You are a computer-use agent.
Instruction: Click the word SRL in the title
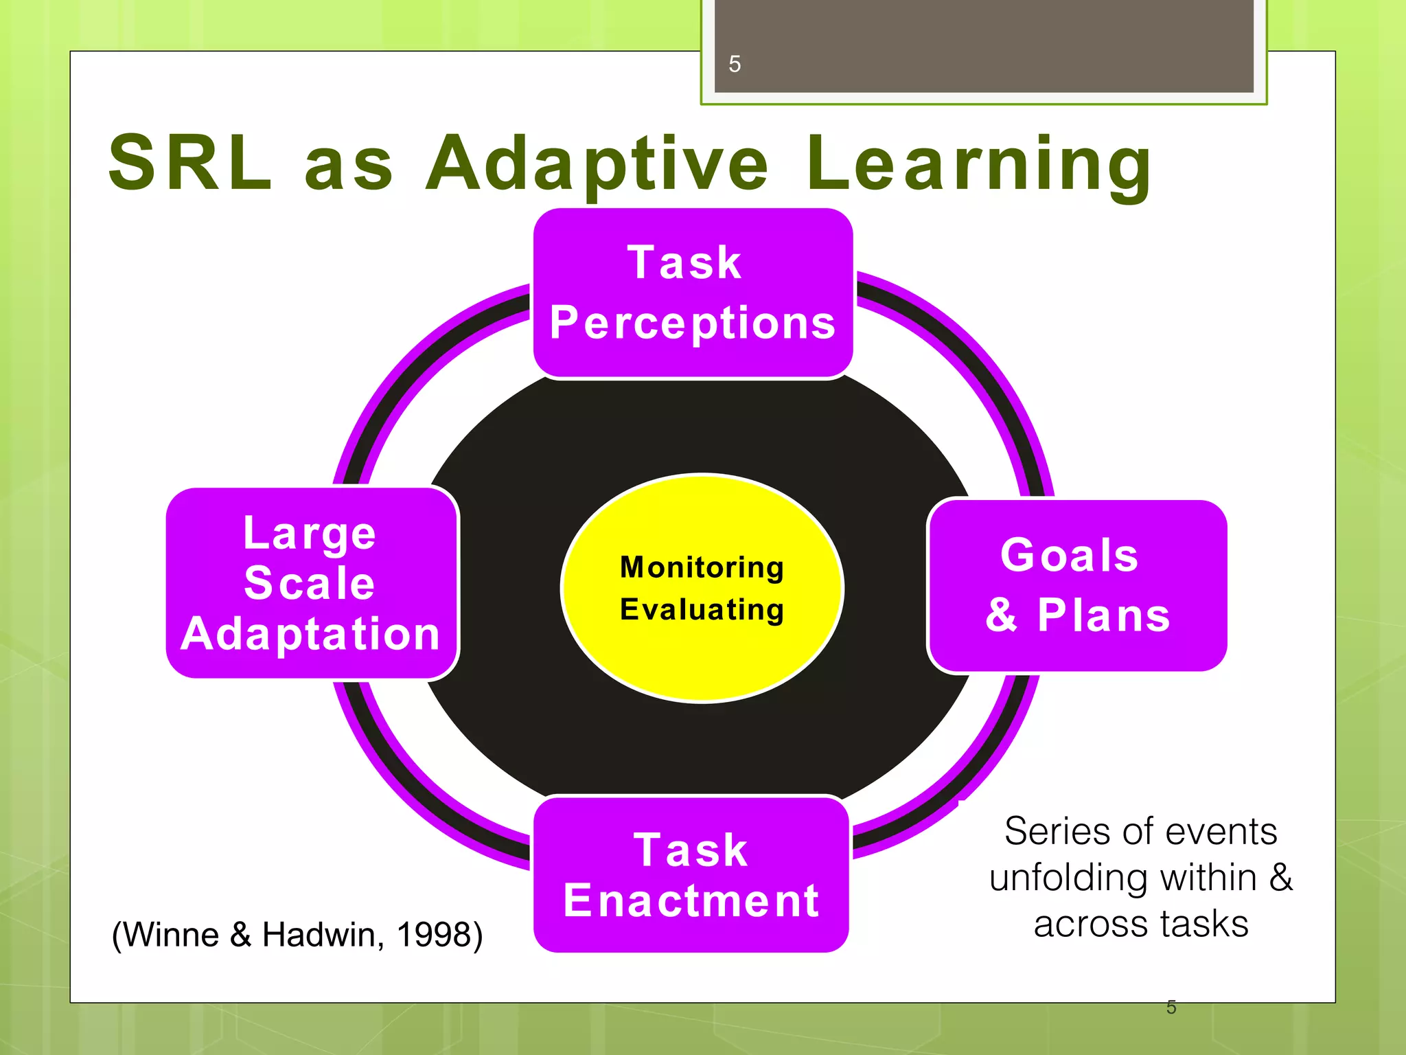point(190,163)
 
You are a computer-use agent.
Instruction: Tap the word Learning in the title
point(978,163)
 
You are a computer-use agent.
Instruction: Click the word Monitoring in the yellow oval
point(702,567)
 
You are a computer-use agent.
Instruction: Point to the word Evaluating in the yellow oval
point(702,610)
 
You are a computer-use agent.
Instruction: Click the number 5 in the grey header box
point(735,65)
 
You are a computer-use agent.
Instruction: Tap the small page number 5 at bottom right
point(1171,1008)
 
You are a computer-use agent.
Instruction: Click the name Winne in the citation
point(172,935)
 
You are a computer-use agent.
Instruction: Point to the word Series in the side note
point(1057,832)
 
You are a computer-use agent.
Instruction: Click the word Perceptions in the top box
point(692,323)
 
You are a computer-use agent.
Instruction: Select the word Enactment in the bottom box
point(691,901)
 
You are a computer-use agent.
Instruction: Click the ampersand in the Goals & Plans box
point(1002,615)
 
